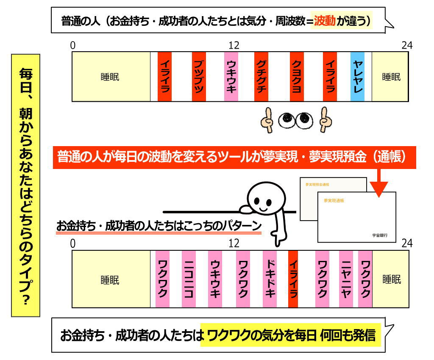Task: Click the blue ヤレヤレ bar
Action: click(357, 77)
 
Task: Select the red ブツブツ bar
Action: click(198, 77)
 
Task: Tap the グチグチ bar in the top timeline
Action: click(261, 77)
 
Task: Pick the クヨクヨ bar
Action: click(297, 77)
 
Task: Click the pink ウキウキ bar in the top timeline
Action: click(231, 77)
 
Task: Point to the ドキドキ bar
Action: click(270, 279)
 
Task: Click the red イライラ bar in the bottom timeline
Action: click(293, 279)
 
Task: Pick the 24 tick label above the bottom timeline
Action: click(407, 243)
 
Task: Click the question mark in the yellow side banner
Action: click(25, 301)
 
